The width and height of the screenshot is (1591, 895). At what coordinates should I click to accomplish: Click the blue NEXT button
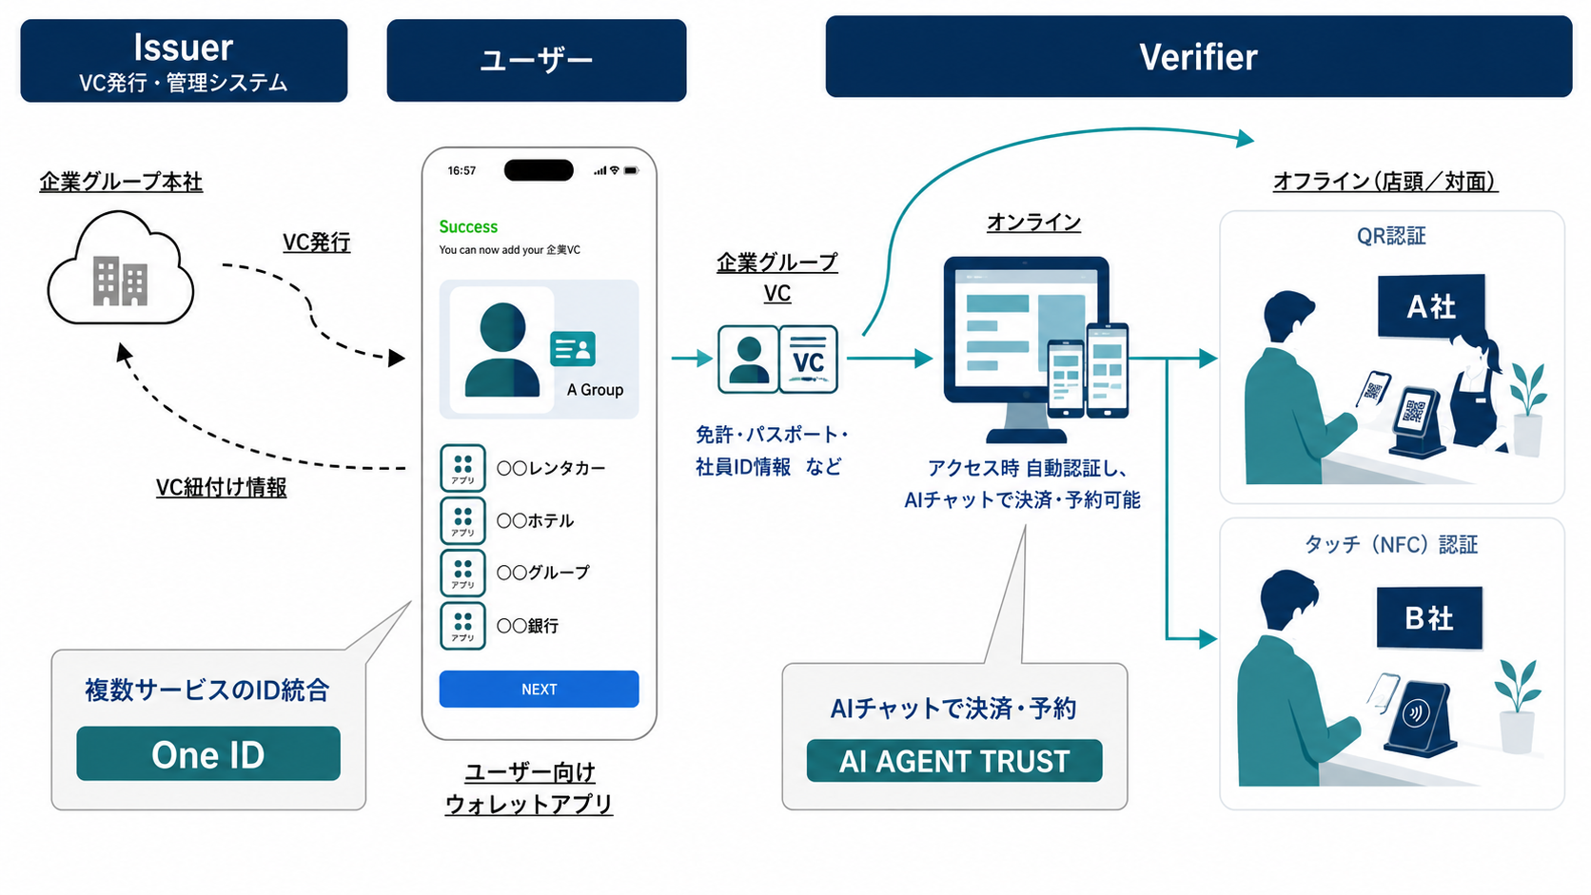coord(539,689)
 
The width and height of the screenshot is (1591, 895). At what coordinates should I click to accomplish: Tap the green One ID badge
coord(208,753)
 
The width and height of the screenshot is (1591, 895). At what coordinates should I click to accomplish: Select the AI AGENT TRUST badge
coord(953,761)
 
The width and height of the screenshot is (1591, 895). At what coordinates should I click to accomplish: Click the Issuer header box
coord(184,60)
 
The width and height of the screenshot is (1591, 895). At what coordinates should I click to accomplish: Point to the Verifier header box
coord(1198,57)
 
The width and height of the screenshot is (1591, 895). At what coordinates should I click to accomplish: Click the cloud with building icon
coord(121,268)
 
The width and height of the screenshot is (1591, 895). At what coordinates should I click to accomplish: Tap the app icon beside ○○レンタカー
coord(462,468)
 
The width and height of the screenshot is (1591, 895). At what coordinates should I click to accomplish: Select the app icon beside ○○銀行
coord(462,626)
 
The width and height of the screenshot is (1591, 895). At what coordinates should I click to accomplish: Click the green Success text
coord(468,226)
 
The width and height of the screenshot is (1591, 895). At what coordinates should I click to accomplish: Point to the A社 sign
coord(1430,306)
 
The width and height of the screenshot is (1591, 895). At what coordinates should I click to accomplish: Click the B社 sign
coord(1429,617)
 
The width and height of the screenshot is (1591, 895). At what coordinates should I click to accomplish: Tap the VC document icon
coord(808,360)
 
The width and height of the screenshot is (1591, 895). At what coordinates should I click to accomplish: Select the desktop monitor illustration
coord(1026,349)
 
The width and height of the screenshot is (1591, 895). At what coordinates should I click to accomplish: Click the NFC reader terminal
coord(1420,718)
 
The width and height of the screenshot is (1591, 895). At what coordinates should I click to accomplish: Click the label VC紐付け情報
coord(221,488)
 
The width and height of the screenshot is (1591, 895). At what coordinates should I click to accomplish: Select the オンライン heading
coord(1033,223)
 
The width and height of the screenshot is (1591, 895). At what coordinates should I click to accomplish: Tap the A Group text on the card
coord(596,390)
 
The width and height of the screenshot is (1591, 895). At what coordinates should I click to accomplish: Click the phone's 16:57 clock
coord(462,170)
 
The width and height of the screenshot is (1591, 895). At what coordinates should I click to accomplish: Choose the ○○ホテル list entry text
coord(535,520)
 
